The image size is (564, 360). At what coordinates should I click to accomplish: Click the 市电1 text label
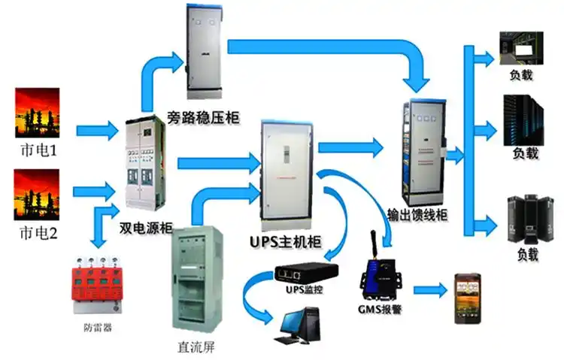[38, 151]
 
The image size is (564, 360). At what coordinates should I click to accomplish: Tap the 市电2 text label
[38, 233]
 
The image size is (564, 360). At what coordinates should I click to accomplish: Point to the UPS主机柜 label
[284, 243]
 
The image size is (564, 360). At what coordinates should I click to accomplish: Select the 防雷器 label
[98, 328]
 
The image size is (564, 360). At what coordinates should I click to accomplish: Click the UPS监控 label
[303, 290]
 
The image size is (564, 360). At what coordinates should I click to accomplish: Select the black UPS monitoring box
[304, 272]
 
